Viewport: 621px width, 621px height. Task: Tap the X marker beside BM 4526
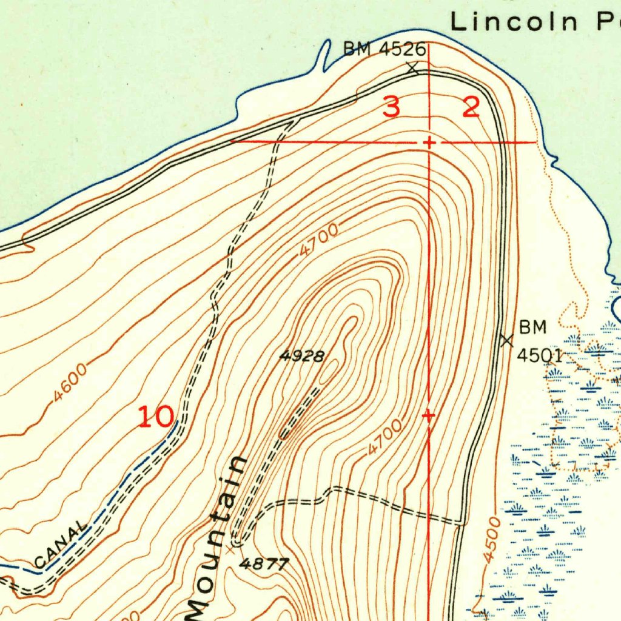pyautogui.click(x=412, y=69)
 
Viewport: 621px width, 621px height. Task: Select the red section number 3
pyautogui.click(x=392, y=107)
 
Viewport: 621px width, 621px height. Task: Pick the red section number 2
pyautogui.click(x=471, y=107)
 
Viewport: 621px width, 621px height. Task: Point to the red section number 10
pyautogui.click(x=156, y=417)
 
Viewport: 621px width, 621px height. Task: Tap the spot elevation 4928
pyautogui.click(x=302, y=356)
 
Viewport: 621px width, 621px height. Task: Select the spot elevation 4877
pyautogui.click(x=264, y=564)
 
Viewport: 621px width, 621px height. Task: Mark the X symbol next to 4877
pyautogui.click(x=230, y=549)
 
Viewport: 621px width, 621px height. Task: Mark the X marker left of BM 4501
pyautogui.click(x=506, y=340)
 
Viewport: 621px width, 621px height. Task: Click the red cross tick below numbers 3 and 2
pyautogui.click(x=429, y=143)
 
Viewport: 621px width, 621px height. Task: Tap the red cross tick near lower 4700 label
pyautogui.click(x=429, y=416)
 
